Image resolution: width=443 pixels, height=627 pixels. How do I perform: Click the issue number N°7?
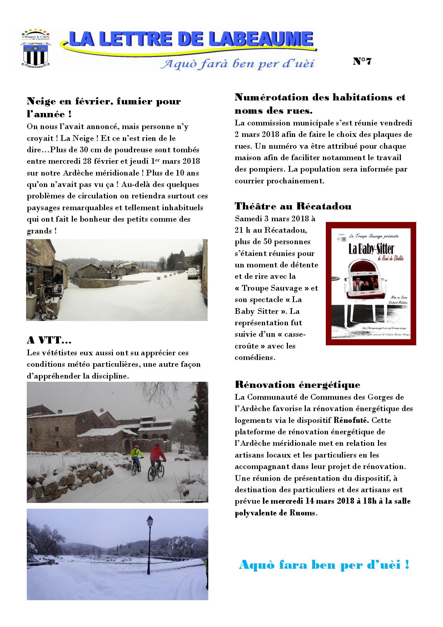coord(362,61)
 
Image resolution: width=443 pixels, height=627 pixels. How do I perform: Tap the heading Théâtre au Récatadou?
coord(293,206)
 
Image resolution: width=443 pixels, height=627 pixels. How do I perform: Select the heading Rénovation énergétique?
coord(297,385)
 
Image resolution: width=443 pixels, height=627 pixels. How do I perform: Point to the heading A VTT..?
coord(49,340)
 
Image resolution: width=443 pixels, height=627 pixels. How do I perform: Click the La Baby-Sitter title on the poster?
coord(370,249)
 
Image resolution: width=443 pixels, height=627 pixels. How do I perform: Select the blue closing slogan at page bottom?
coord(324,565)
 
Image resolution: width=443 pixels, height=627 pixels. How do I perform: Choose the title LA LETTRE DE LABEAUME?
coord(191,39)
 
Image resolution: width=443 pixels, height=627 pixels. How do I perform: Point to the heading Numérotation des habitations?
coord(320,97)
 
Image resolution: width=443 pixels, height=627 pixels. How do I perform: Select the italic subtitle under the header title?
coord(237,64)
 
